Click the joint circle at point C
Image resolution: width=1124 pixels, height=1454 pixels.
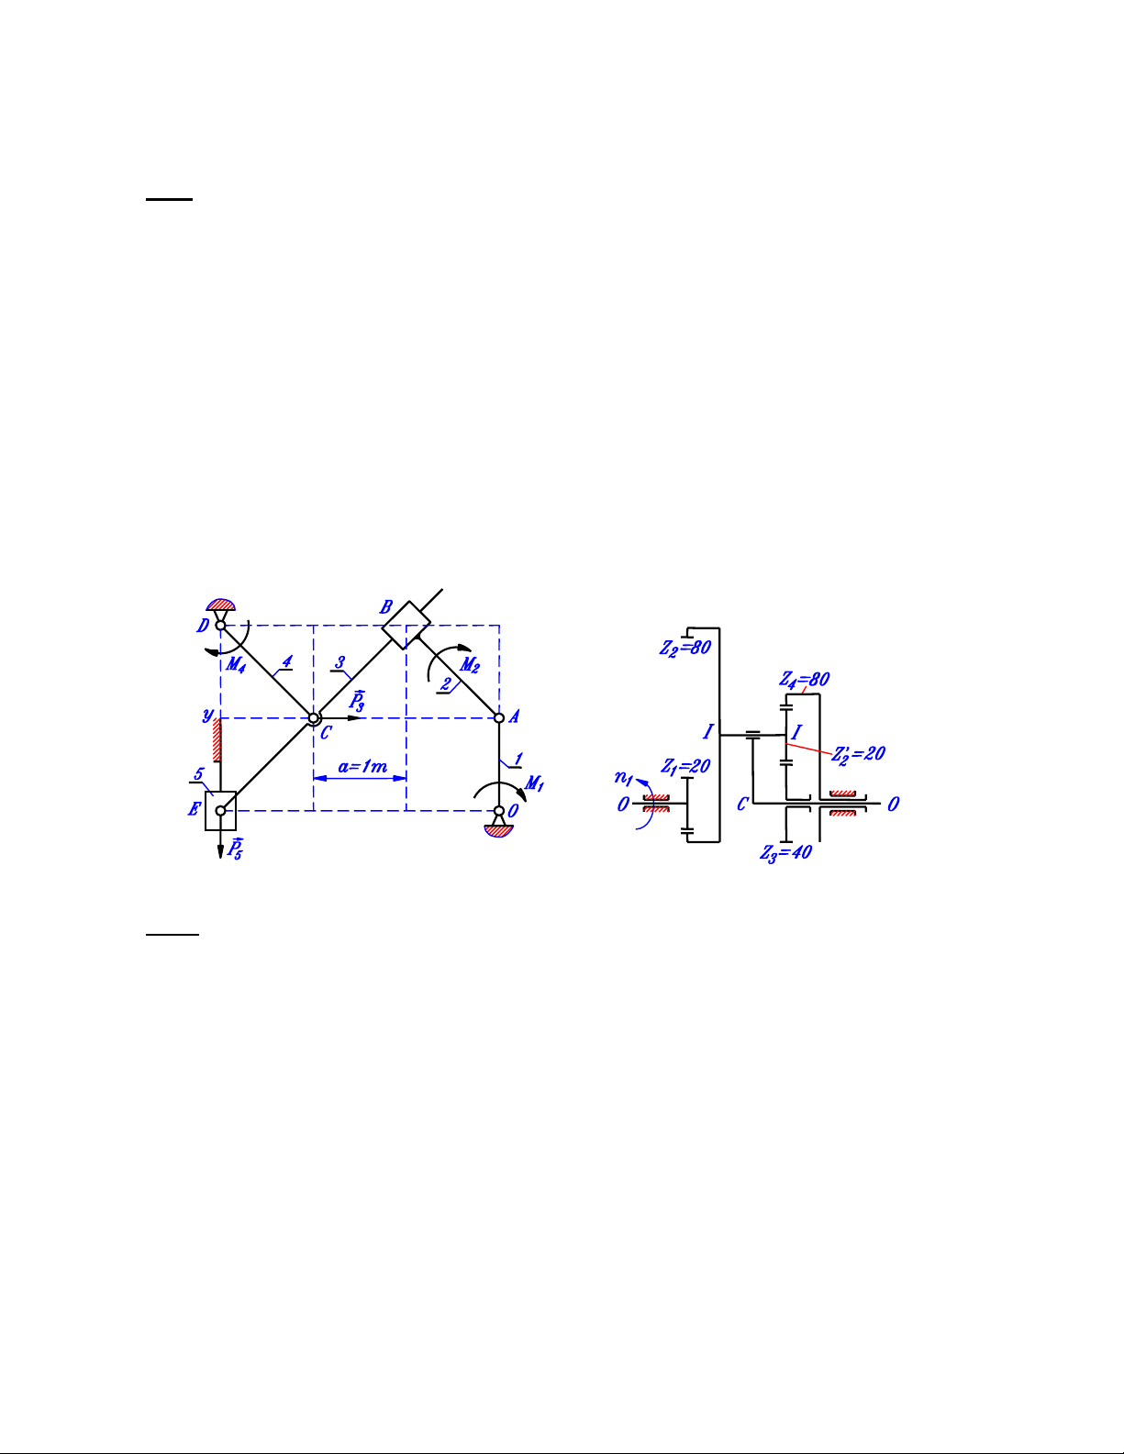(314, 718)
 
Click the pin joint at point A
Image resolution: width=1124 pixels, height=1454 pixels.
(499, 718)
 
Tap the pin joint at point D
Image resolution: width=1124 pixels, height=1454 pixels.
(220, 625)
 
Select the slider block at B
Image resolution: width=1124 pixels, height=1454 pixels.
(406, 625)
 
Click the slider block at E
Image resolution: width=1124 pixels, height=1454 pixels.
(220, 810)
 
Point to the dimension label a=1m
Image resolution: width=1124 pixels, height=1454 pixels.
(362, 766)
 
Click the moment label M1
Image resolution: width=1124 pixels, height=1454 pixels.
(535, 782)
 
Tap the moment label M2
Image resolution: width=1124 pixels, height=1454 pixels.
(470, 665)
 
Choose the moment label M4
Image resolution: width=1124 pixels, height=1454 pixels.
(236, 664)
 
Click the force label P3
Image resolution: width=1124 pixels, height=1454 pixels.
(357, 701)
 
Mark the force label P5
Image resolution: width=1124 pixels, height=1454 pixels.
(235, 849)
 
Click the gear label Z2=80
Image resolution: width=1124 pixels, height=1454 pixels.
(685, 648)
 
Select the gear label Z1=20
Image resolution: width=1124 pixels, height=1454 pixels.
(685, 766)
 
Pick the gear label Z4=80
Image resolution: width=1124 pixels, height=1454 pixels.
(804, 679)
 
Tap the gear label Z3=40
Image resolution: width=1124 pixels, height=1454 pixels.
(786, 852)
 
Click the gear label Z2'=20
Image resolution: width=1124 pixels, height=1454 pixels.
(859, 754)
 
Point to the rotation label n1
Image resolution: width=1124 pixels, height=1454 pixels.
(624, 778)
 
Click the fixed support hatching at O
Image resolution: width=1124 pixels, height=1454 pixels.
(498, 830)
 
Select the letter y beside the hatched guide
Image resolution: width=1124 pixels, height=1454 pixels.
(208, 716)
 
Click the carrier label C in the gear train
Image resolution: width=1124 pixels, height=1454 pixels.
(742, 804)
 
